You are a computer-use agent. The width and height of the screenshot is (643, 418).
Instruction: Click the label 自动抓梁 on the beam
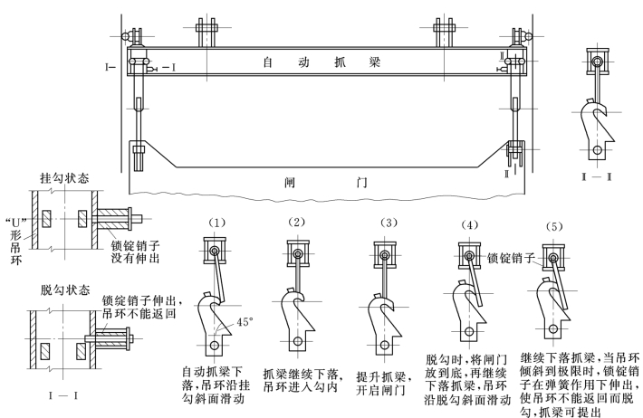318,64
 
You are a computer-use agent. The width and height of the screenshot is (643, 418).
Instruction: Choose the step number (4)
469,224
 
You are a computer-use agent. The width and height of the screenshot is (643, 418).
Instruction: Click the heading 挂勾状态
66,179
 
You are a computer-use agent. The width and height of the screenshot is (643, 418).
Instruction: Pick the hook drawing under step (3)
382,317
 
